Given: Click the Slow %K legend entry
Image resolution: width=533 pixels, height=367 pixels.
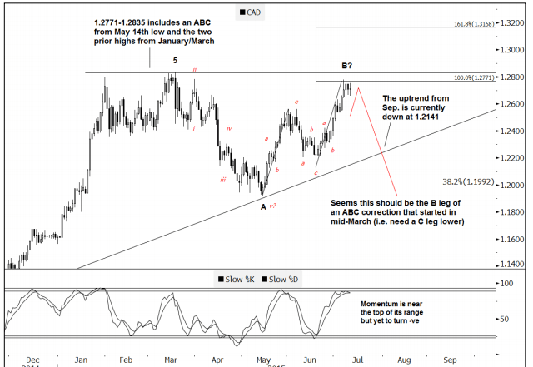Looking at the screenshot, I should pyautogui.click(x=238, y=279).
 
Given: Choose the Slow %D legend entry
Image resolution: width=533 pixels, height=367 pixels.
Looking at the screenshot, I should pyautogui.click(x=285, y=279).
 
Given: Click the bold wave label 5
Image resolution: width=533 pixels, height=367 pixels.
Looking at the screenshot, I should pyautogui.click(x=175, y=60).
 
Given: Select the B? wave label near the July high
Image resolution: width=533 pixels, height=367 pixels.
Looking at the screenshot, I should pyautogui.click(x=347, y=64).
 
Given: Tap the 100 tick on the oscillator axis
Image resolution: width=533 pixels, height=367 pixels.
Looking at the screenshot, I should pyautogui.click(x=505, y=285).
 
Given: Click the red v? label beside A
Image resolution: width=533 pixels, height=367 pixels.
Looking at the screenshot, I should pyautogui.click(x=273, y=205).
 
